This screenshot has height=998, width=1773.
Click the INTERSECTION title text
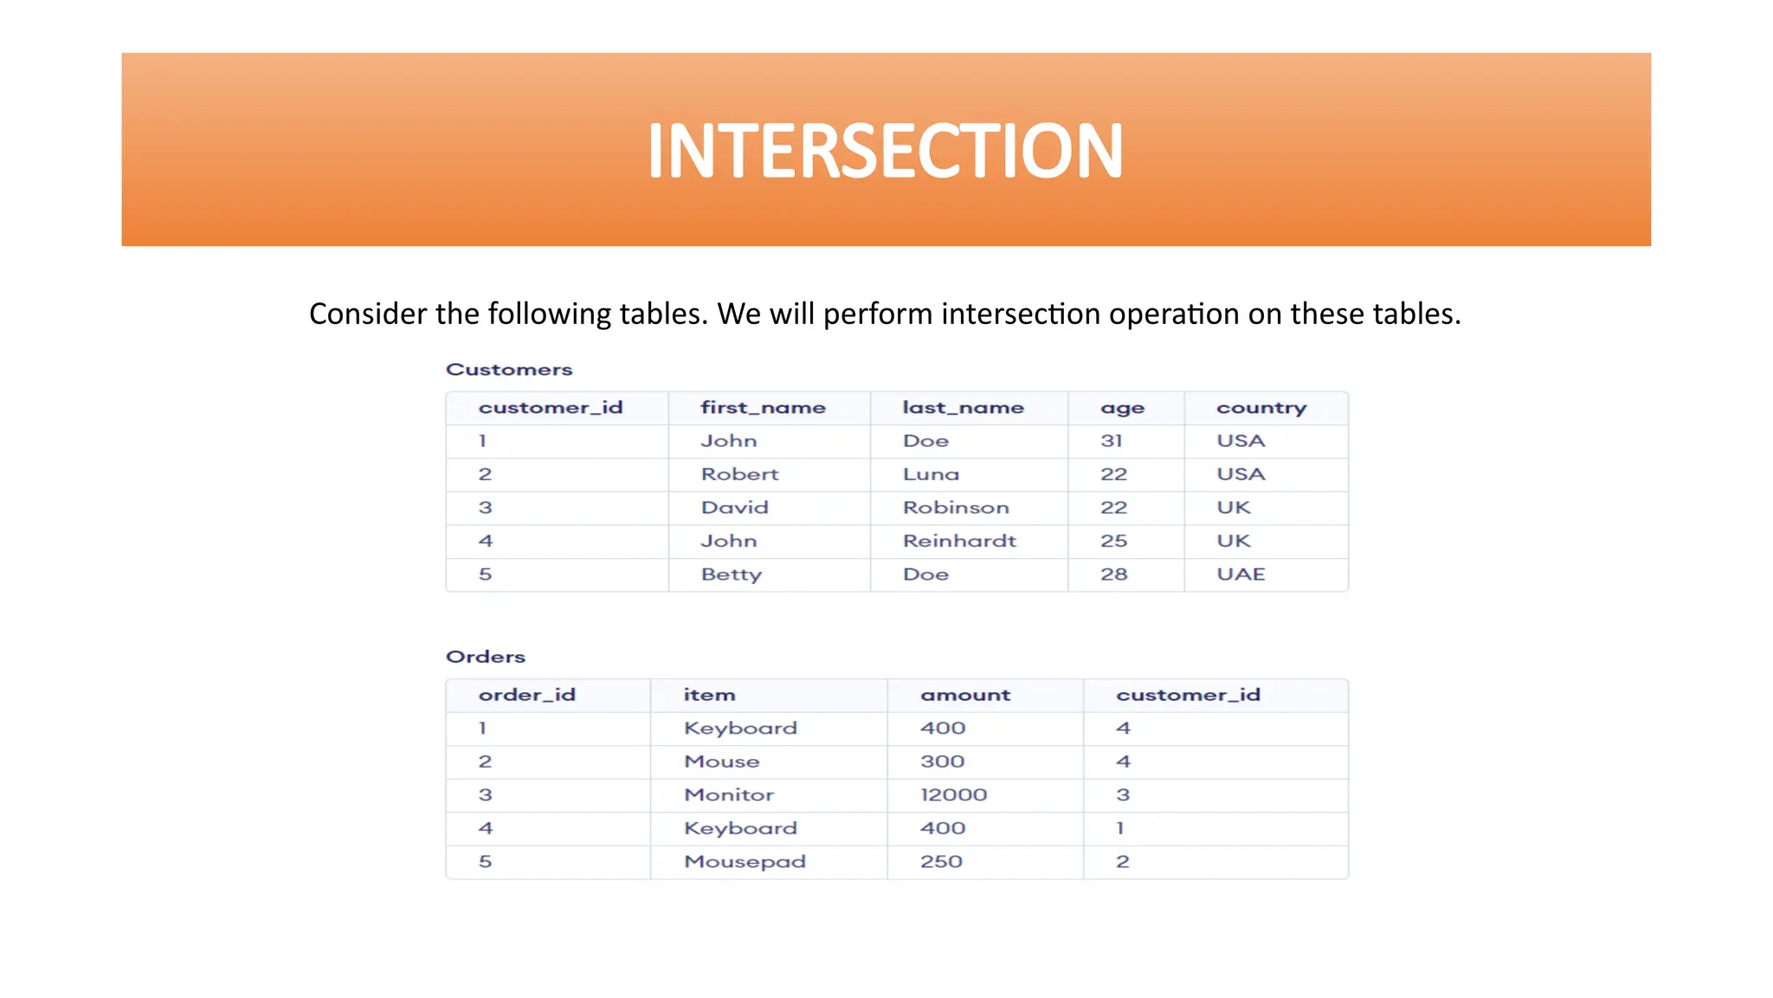(x=885, y=151)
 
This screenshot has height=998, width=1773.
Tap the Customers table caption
(x=509, y=369)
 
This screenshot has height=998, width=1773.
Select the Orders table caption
(x=485, y=657)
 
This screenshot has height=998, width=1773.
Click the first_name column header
(x=763, y=407)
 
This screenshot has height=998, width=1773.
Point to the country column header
(x=1260, y=407)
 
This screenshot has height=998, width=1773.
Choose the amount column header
(x=965, y=695)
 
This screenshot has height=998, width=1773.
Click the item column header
(x=709, y=695)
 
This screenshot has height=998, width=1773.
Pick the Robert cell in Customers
(x=739, y=474)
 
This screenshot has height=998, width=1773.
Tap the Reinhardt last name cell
(x=959, y=541)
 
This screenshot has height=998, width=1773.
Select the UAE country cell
(x=1241, y=574)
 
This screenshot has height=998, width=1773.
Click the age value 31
(x=1112, y=441)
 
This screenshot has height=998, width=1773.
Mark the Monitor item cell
(x=729, y=794)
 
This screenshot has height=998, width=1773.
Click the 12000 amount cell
(x=953, y=794)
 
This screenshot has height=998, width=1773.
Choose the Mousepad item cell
(x=745, y=862)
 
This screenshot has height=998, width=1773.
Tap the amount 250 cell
(x=941, y=862)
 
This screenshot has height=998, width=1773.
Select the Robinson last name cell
(x=956, y=508)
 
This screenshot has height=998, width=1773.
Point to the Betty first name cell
(x=732, y=574)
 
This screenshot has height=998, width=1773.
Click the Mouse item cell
(x=721, y=761)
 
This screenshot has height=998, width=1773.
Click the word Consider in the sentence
(x=367, y=314)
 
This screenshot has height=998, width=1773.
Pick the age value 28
(x=1113, y=574)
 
